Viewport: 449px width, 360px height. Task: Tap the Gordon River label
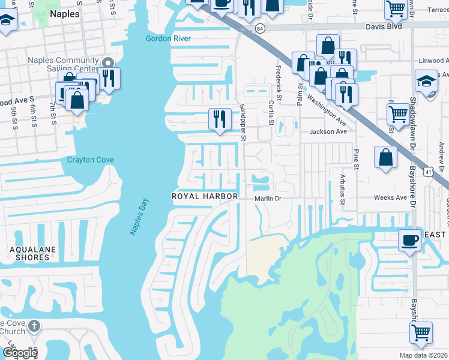[168, 39]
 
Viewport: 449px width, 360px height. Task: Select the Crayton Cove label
[90, 160]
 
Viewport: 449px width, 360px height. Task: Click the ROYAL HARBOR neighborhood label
[205, 196]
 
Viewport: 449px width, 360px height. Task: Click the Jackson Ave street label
[328, 131]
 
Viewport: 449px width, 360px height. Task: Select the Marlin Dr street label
[268, 198]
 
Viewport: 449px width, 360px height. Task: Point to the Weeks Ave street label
[391, 197]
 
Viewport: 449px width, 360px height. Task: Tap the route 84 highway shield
[259, 28]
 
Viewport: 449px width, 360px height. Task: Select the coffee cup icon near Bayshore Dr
[409, 241]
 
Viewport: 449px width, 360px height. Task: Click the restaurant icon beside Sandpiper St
[220, 119]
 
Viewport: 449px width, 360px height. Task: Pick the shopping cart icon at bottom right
[422, 332]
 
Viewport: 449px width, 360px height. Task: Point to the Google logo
[20, 352]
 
